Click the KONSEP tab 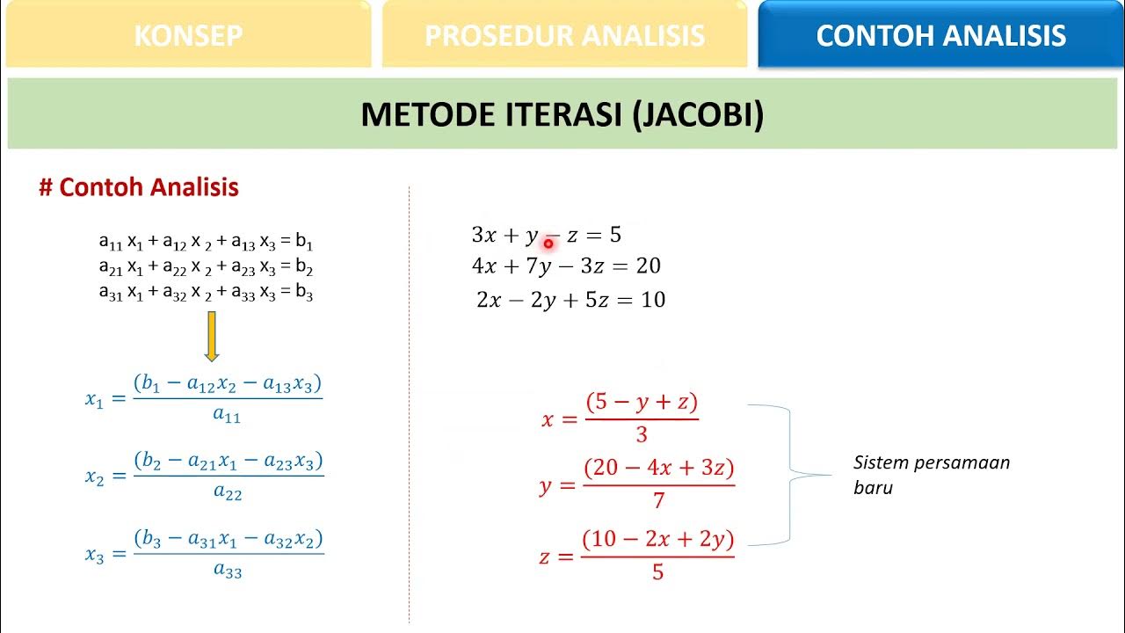point(188,35)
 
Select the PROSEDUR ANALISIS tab point(564,35)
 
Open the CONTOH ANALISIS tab point(940,35)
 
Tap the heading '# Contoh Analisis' point(139,187)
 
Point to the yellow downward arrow point(211,336)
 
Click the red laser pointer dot point(548,243)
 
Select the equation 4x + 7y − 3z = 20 point(566,266)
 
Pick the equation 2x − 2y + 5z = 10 point(570,300)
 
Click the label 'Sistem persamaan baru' point(932,475)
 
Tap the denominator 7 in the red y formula point(658,501)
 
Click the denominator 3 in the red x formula point(641,434)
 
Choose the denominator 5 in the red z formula point(657,573)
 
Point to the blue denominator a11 point(227,416)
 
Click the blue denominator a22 point(228,493)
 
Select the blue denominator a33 point(228,571)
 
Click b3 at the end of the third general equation point(304,295)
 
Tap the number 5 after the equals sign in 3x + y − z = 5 point(615,235)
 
